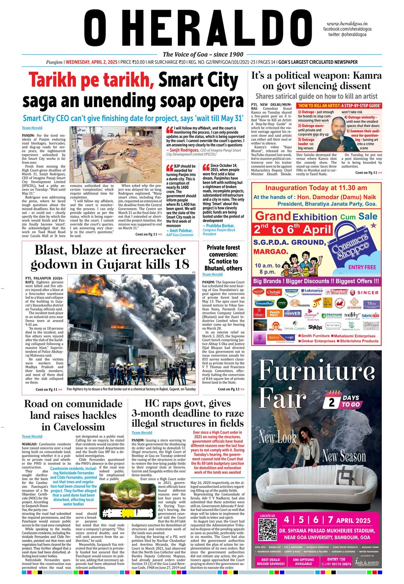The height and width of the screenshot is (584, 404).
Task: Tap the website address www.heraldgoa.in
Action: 349,24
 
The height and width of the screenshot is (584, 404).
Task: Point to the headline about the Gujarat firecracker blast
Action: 110,257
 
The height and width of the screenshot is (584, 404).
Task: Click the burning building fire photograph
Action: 131,330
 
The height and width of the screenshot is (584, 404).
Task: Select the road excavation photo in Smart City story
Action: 116,155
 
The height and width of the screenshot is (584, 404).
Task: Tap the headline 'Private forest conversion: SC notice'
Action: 223,257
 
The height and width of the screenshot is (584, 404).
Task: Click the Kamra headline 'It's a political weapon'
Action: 317,80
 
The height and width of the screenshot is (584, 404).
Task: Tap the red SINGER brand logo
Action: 364,292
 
